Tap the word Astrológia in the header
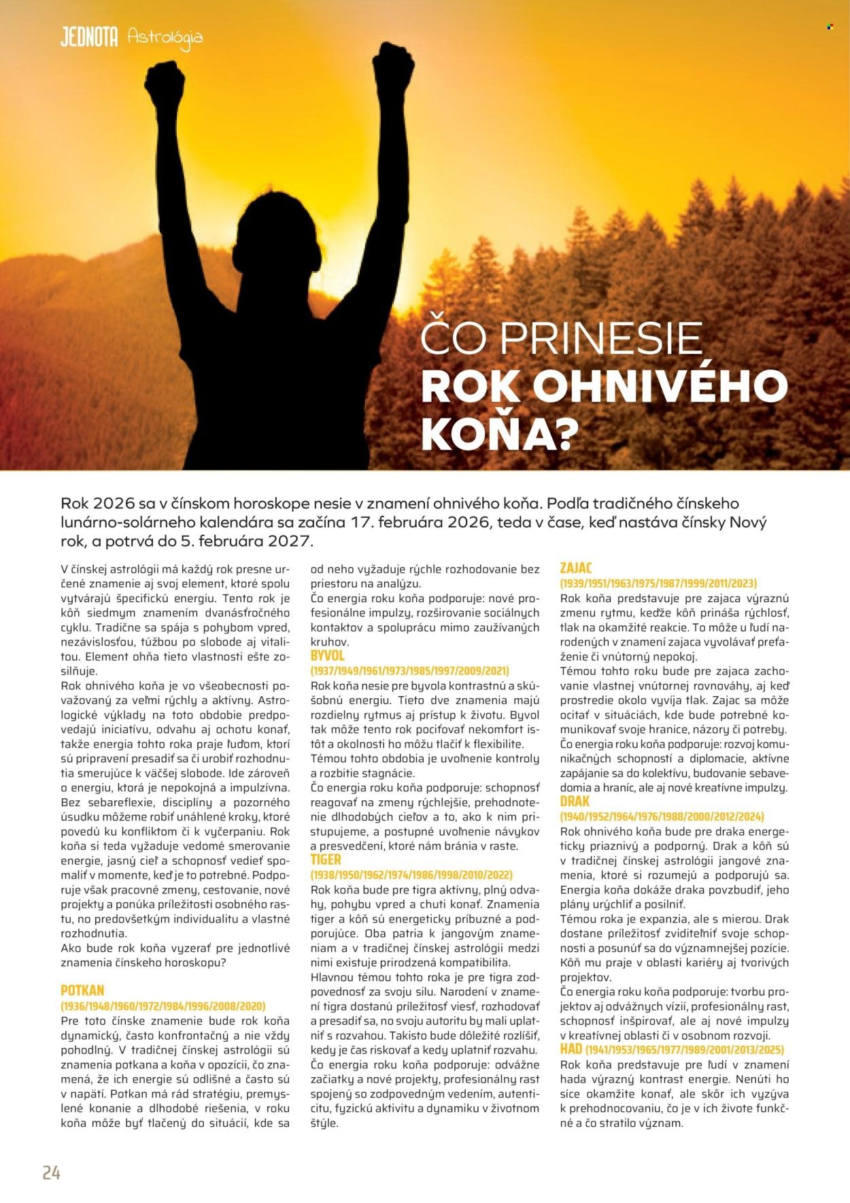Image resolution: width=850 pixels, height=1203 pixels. [x=165, y=38]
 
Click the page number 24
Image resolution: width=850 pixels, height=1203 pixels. [x=51, y=1172]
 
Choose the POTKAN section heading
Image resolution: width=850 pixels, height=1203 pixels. [x=82, y=990]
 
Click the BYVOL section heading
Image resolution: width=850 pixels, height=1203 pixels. [x=328, y=655]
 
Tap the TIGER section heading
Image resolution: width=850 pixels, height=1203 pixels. [x=326, y=859]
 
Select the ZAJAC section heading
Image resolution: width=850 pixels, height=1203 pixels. [x=576, y=567]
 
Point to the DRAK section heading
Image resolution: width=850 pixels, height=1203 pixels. [x=575, y=801]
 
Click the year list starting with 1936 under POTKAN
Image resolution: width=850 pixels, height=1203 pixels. [x=163, y=1006]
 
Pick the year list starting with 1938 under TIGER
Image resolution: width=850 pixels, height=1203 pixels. [x=411, y=874]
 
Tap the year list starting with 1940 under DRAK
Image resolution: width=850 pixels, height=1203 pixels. [x=662, y=816]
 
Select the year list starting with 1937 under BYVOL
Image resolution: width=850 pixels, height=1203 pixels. [x=409, y=670]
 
